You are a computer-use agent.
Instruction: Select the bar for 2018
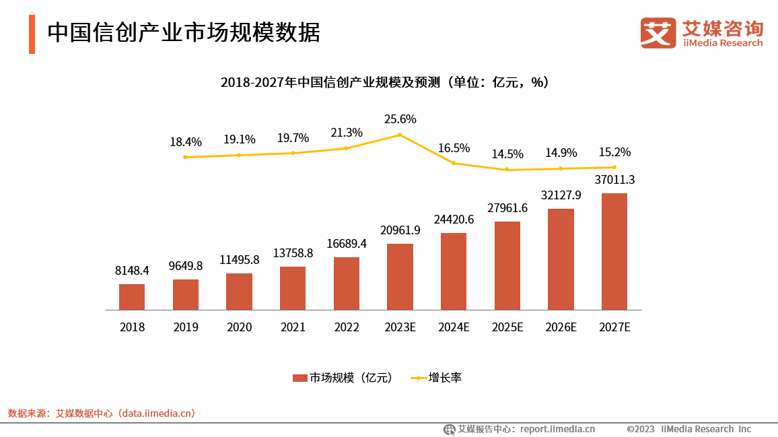(132, 297)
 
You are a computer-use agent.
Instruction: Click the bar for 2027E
(614, 251)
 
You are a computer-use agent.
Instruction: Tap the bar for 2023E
(400, 277)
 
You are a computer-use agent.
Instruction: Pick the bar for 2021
(293, 288)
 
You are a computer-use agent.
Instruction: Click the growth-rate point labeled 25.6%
(400, 135)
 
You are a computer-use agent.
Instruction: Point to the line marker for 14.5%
(507, 170)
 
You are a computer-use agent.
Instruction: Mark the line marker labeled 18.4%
(185, 157)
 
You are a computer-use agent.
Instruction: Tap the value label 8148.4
(132, 271)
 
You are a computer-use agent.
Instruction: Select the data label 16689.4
(347, 243)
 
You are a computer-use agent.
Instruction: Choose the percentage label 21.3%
(347, 133)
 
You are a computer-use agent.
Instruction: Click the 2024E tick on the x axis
(454, 327)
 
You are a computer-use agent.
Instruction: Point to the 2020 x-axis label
(239, 327)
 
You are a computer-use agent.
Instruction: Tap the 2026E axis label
(561, 327)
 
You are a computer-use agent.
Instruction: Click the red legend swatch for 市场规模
(299, 378)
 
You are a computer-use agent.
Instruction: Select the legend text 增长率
(445, 378)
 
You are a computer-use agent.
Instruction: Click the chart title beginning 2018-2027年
(384, 82)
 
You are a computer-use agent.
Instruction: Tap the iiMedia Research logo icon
(658, 32)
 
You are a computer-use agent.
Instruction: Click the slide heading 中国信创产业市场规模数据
(183, 33)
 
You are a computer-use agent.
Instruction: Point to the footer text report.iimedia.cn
(557, 429)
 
